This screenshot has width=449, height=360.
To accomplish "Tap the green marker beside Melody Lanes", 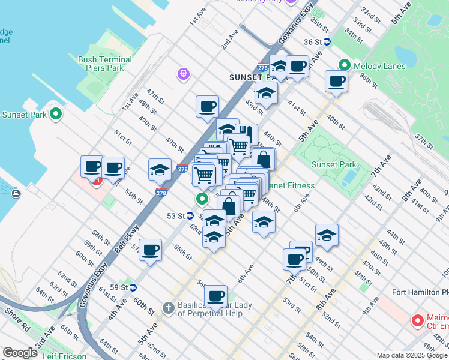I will click(x=345, y=65).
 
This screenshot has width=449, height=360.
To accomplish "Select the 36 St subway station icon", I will click(x=327, y=42).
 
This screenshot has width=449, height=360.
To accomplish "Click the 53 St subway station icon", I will click(x=190, y=215).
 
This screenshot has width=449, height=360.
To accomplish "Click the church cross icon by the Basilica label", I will click(x=169, y=308).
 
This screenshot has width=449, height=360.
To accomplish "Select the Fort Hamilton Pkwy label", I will click(x=420, y=292).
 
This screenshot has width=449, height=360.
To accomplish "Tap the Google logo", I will click(x=20, y=353).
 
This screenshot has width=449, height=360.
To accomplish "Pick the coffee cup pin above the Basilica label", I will click(x=215, y=295).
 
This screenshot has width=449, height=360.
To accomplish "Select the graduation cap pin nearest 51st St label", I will click(x=160, y=169).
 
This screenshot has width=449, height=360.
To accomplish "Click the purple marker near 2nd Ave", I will click(x=184, y=74).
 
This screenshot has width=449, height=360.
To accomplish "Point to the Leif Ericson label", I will click(x=60, y=356).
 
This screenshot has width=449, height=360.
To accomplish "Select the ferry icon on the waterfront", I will click(x=15, y=193).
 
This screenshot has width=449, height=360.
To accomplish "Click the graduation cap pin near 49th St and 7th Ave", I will click(x=327, y=235).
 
